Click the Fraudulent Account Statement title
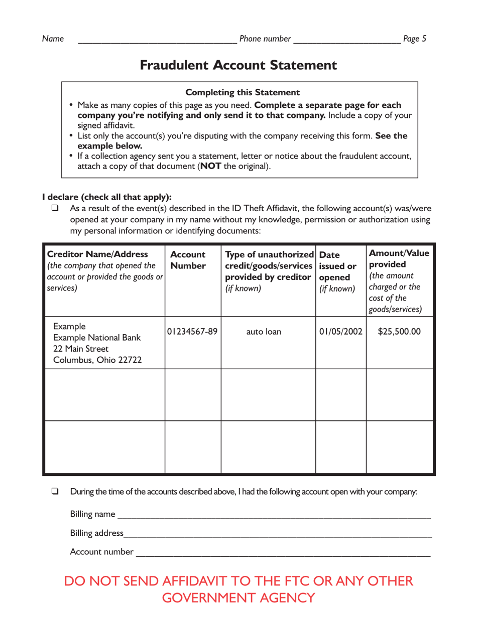238,65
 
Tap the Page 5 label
415,39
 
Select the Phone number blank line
346,40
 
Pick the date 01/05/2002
341,332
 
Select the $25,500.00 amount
400,332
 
